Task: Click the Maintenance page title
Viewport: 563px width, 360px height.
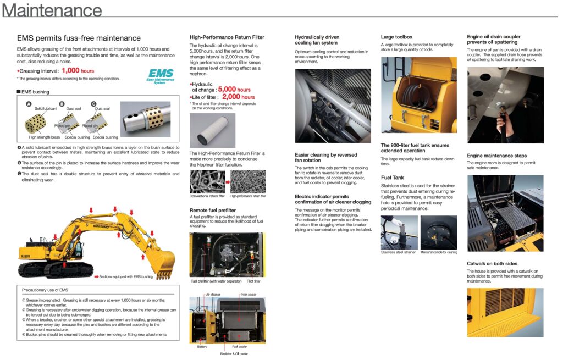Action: pos(52,11)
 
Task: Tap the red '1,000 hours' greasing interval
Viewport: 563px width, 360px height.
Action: pos(78,71)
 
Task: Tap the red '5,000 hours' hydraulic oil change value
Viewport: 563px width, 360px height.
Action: pos(234,89)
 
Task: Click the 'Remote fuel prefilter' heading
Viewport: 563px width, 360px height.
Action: pos(213,210)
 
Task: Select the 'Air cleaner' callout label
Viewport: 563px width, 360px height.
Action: pos(213,295)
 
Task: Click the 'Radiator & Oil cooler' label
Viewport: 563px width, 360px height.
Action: pos(234,353)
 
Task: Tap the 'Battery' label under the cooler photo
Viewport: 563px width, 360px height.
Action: pos(202,347)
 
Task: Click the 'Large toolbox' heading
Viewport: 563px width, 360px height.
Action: pos(396,37)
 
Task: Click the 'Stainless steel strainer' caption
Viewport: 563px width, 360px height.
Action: pos(399,252)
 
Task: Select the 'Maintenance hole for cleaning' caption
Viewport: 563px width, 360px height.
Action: pos(439,252)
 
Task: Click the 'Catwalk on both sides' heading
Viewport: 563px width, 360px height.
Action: pos(492,264)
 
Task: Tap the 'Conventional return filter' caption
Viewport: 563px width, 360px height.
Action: pos(207,196)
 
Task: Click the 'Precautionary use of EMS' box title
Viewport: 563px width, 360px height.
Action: pos(45,290)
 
